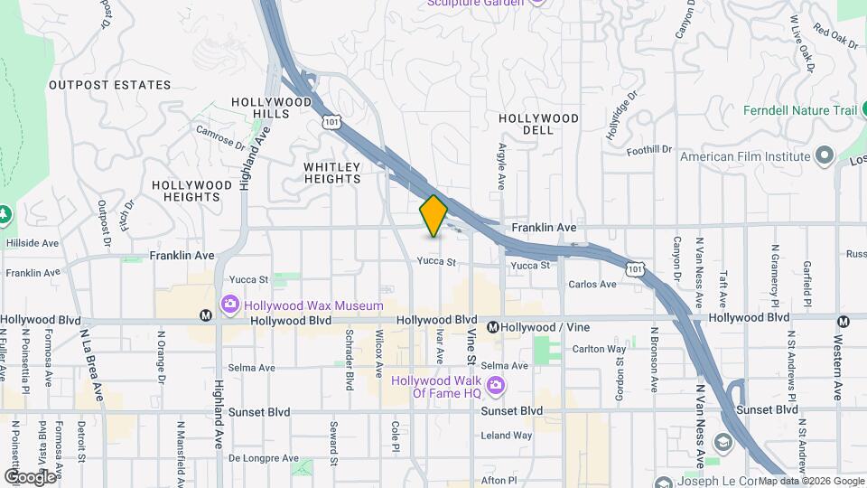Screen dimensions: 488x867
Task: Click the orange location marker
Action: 433,216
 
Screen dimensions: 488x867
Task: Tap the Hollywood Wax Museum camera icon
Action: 230,305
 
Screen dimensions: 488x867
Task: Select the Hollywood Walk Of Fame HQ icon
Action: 495,387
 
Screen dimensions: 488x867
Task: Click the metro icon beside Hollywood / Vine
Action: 493,327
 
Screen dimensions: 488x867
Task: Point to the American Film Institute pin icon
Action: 824,155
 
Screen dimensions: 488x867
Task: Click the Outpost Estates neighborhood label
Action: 109,85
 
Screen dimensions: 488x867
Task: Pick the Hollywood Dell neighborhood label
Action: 538,124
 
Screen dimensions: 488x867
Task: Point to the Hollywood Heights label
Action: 191,191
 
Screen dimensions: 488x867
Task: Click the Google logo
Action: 30,476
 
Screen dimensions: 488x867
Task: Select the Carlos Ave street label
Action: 592,284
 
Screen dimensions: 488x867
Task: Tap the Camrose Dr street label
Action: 220,136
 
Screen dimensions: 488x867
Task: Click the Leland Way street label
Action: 507,435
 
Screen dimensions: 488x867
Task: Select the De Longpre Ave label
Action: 263,458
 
